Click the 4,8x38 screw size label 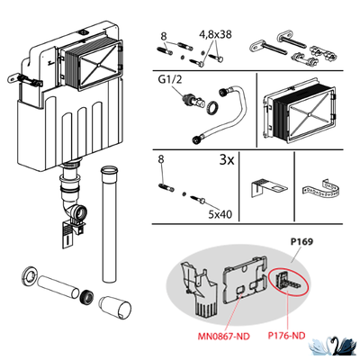click(215, 34)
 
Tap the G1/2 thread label click(169, 80)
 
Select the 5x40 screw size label click(220, 214)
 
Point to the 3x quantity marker click(227, 160)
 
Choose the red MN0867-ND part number click(223, 337)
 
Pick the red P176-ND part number click(286, 335)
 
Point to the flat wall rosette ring click(30, 274)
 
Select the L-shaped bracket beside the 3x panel click(267, 188)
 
